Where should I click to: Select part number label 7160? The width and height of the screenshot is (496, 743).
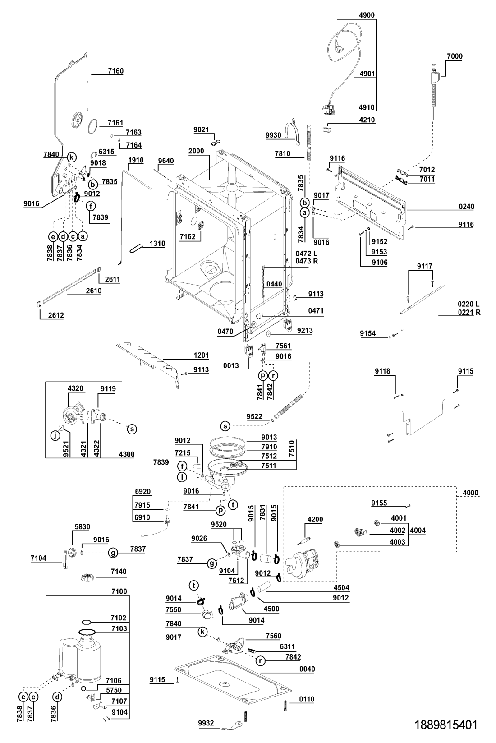[115, 71]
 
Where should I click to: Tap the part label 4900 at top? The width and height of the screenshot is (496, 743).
[367, 15]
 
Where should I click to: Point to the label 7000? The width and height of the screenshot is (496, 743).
[455, 56]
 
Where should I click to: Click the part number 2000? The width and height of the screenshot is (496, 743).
[196, 151]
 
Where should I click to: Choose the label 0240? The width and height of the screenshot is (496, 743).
[466, 207]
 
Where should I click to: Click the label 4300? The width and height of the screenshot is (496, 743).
[126, 454]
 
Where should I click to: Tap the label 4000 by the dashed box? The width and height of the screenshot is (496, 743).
[470, 493]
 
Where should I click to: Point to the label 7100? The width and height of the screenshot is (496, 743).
[119, 591]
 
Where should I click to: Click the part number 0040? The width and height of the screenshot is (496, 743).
[307, 669]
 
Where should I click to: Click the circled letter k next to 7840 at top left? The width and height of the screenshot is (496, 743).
[71, 157]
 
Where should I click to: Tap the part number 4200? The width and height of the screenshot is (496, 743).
[315, 519]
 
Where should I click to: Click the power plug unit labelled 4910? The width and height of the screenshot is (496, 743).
[329, 109]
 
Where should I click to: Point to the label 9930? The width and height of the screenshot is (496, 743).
[273, 135]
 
